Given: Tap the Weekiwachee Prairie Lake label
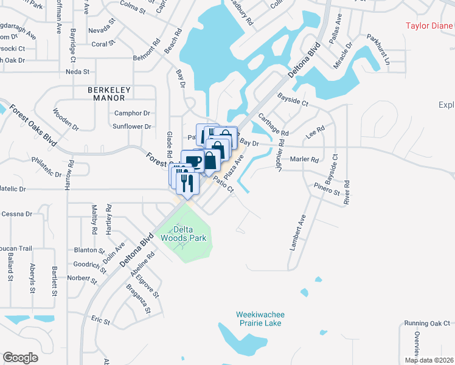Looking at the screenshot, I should pyautogui.click(x=260, y=319).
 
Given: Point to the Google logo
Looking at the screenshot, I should pyautogui.click(x=20, y=358).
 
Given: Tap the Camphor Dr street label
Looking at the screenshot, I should pyautogui.click(x=132, y=113).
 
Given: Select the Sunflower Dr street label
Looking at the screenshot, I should pyautogui.click(x=131, y=127).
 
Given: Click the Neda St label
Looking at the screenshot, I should pyautogui.click(x=78, y=72).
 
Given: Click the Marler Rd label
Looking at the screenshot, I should pyautogui.click(x=305, y=160).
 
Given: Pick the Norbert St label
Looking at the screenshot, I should pyautogui.click(x=78, y=278).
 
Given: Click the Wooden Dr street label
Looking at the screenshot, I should pyautogui.click(x=66, y=119).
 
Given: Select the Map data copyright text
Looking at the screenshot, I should pyautogui.click(x=428, y=360).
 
